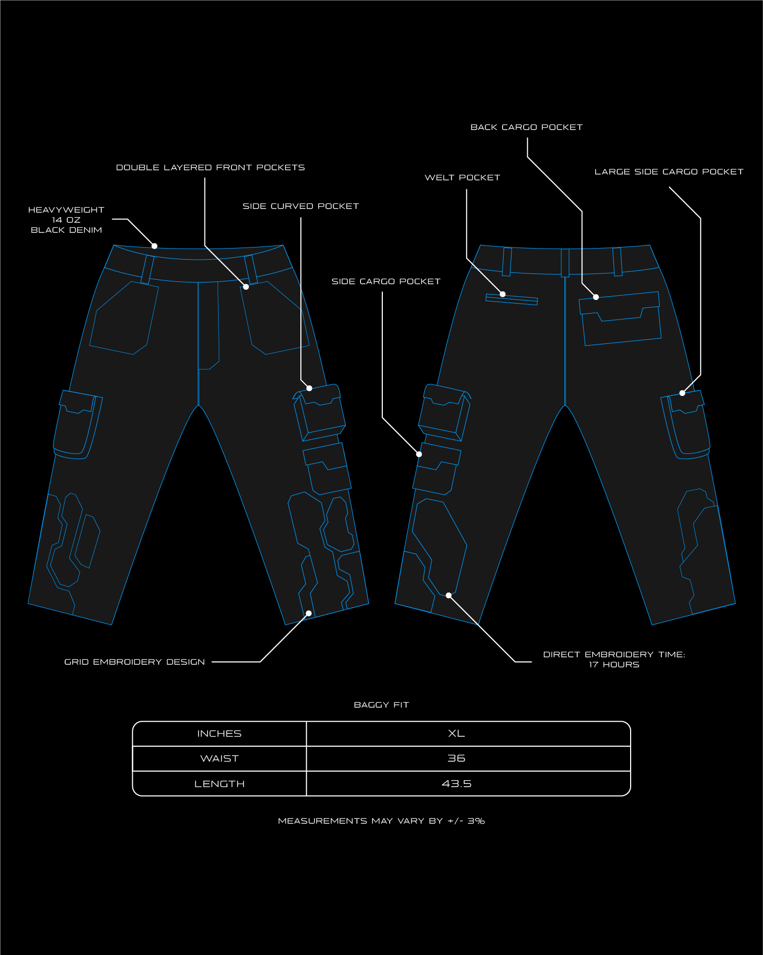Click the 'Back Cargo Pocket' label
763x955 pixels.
pyautogui.click(x=526, y=127)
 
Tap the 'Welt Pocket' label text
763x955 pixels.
pyautogui.click(x=462, y=178)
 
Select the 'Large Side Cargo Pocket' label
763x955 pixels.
pyautogui.click(x=669, y=172)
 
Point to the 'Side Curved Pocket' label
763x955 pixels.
pyautogui.click(x=301, y=206)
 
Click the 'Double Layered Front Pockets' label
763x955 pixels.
pyautogui.click(x=210, y=167)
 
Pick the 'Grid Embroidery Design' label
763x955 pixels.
pyautogui.click(x=134, y=662)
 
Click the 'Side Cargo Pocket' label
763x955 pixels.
pyautogui.click(x=386, y=281)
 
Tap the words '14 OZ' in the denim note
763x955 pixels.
pyautogui.click(x=66, y=220)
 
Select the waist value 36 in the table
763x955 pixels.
pyautogui.click(x=456, y=758)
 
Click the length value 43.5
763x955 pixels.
pyautogui.click(x=456, y=784)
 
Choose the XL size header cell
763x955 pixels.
pyautogui.click(x=456, y=733)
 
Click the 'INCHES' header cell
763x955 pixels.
pyautogui.click(x=219, y=733)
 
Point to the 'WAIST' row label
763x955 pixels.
pyautogui.click(x=219, y=758)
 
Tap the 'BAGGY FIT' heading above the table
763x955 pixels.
pyautogui.click(x=381, y=705)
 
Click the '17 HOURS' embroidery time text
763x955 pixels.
pyautogui.click(x=614, y=665)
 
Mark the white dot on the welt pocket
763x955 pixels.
pyautogui.click(x=503, y=294)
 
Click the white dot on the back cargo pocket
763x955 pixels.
pyautogui.click(x=596, y=297)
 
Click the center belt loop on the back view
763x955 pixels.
pyautogui.click(x=565, y=262)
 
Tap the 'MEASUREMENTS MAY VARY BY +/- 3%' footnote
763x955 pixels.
pyautogui.click(x=381, y=821)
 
